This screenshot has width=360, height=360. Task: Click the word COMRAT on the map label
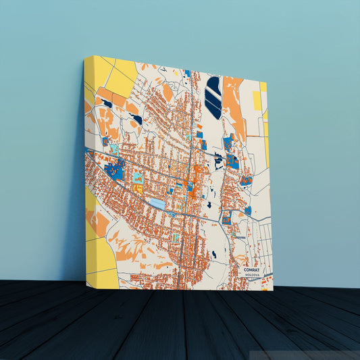252,269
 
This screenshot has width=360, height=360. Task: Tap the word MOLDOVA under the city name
252,276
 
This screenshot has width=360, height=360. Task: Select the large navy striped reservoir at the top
213,97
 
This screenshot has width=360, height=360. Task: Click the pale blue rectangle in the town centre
157,203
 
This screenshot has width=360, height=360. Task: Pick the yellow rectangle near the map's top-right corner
257,101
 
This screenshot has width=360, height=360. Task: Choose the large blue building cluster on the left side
115,170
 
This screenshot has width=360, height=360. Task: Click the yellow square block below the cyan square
138,190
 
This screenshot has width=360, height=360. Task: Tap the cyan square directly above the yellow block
138,178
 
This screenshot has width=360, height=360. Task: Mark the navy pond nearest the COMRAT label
213,255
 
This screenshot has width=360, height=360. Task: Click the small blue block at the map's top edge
187,73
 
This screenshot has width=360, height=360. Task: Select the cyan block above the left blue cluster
114,148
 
